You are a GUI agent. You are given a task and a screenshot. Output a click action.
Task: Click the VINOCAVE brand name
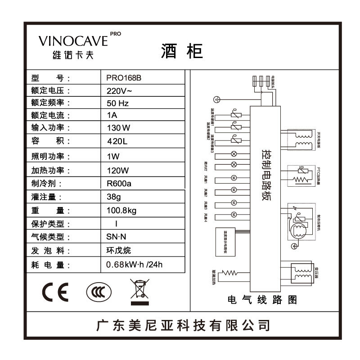point(73,41)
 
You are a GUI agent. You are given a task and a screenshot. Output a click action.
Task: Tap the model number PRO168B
point(124,77)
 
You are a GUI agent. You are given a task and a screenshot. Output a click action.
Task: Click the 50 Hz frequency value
point(118,103)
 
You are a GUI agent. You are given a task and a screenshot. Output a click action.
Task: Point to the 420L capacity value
point(117,141)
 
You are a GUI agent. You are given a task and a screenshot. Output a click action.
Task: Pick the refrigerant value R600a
point(119,184)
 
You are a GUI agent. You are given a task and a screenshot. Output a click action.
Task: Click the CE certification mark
point(55,293)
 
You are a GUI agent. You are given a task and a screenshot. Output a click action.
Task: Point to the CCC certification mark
point(98,293)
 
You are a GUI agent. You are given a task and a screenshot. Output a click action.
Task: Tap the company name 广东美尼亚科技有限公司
point(184,325)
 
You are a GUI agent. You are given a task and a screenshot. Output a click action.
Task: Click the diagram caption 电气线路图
point(263,300)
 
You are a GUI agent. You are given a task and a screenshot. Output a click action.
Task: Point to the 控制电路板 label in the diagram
point(265,176)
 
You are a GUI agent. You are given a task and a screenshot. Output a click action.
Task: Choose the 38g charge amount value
point(113,197)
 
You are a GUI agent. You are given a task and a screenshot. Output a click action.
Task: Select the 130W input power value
point(119,128)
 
